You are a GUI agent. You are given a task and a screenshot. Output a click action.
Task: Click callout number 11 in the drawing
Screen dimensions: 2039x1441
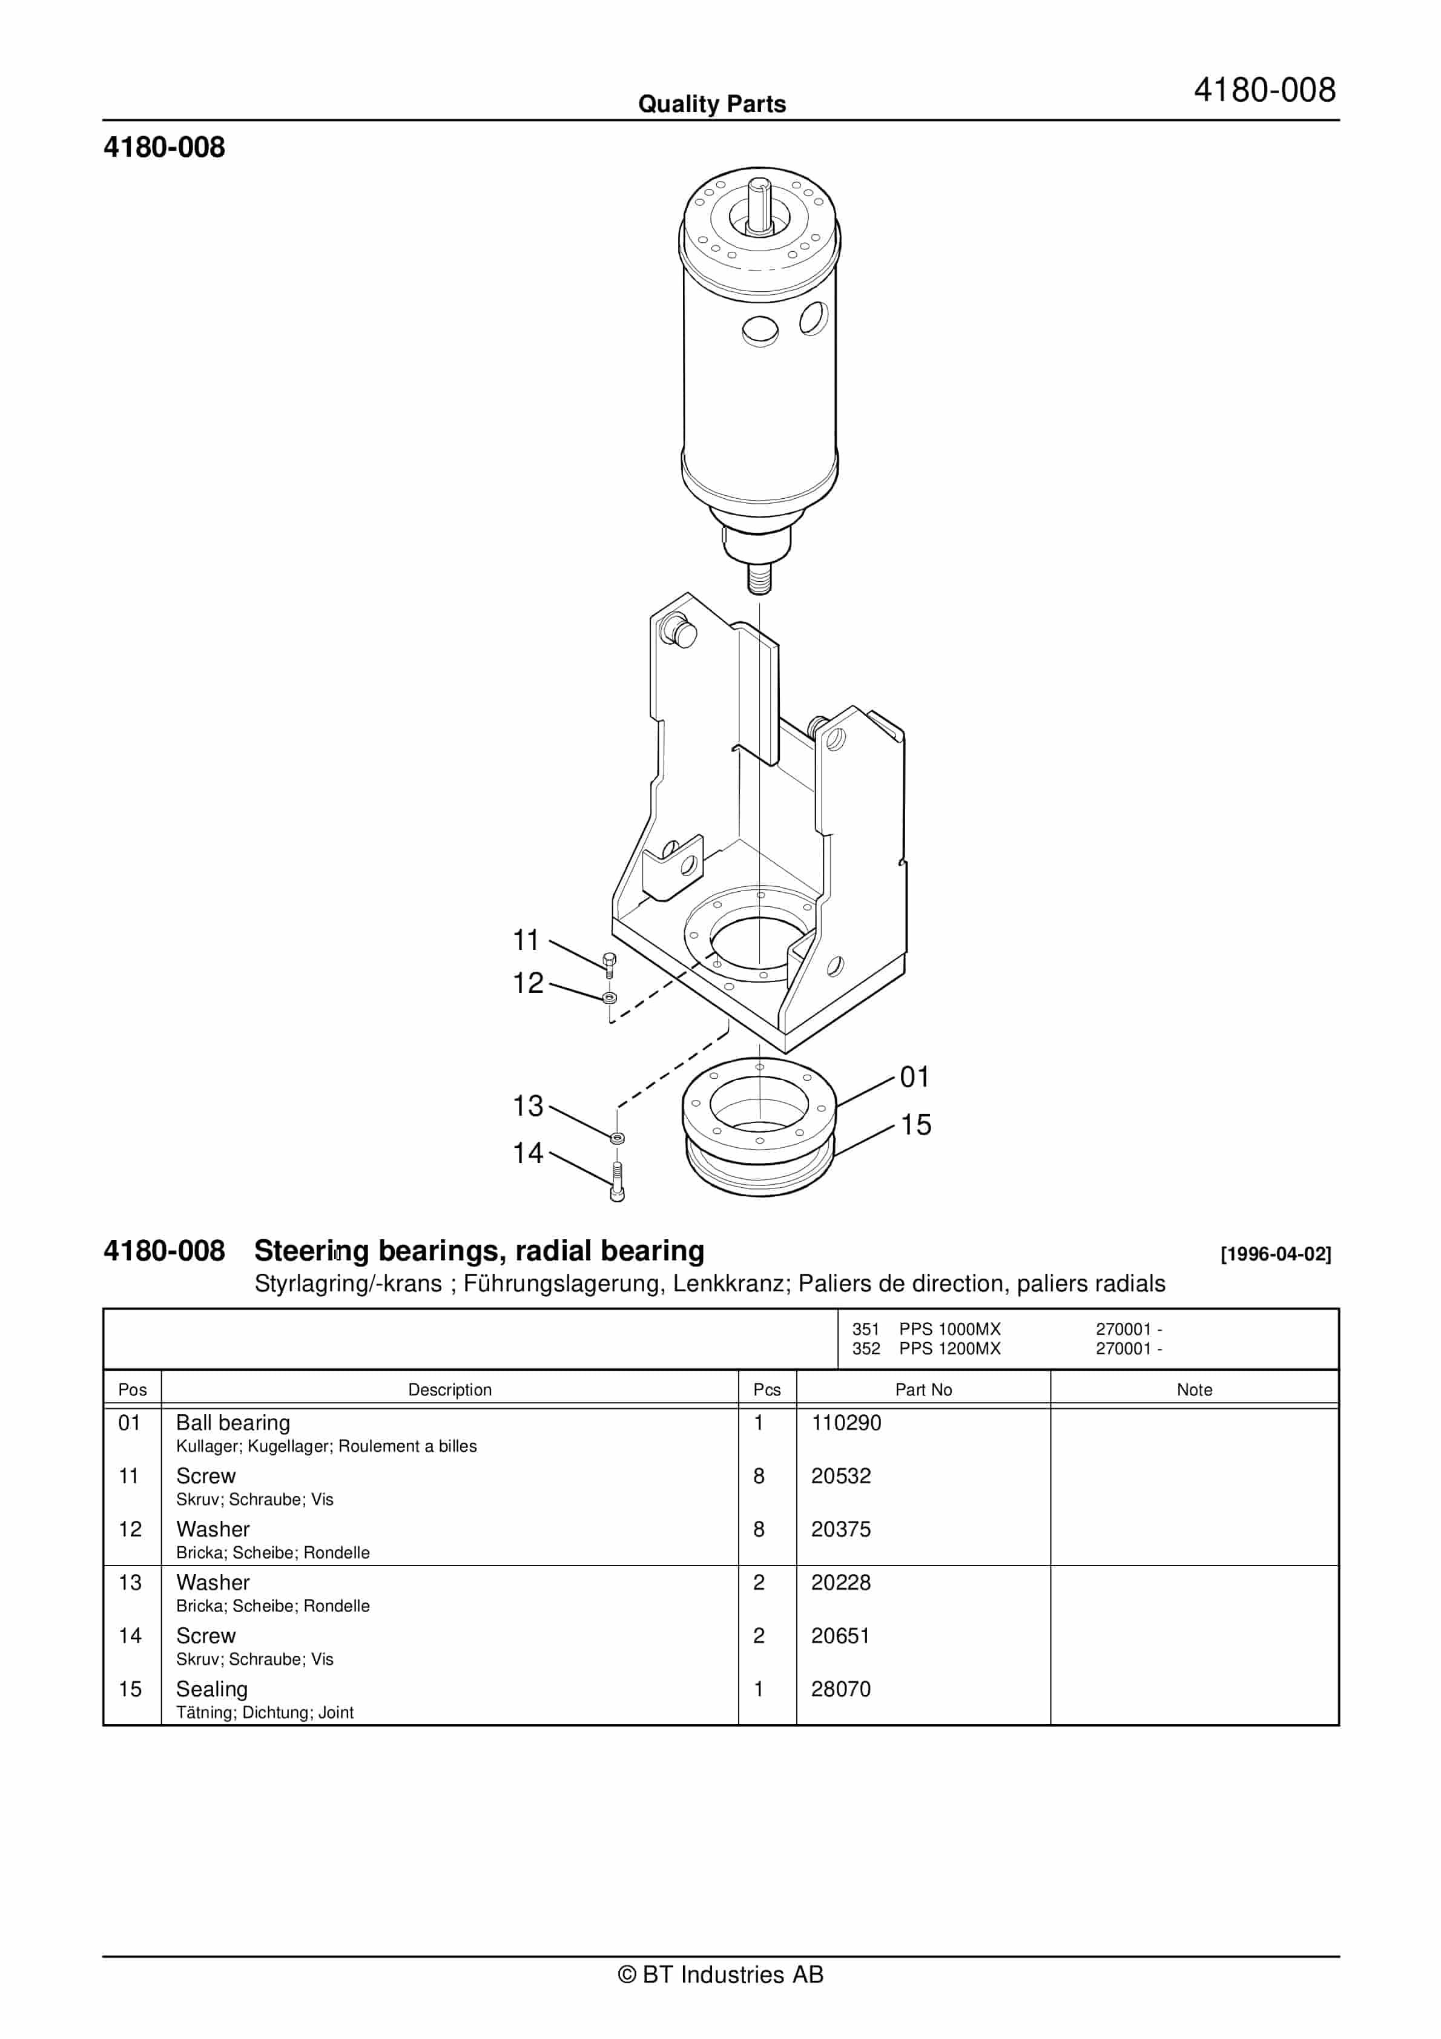click(526, 940)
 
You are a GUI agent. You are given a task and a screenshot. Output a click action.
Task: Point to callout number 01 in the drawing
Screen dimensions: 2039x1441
click(914, 1076)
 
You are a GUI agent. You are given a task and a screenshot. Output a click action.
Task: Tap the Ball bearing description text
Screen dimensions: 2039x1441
click(232, 1423)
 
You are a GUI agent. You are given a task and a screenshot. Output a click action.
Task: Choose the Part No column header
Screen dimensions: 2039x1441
click(923, 1390)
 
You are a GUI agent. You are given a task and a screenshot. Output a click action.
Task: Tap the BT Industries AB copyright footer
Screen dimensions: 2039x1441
click(720, 1974)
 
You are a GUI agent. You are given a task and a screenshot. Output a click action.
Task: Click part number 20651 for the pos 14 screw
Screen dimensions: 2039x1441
click(840, 1636)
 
